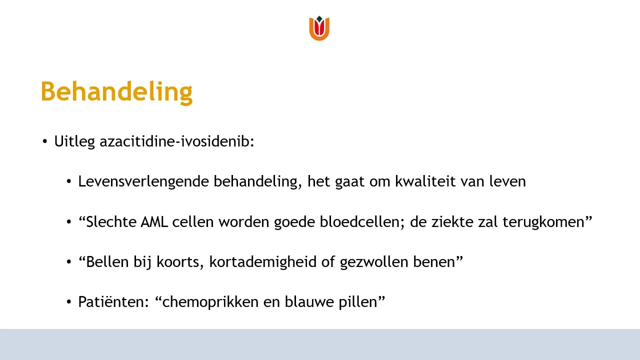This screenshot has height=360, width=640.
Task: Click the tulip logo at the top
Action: [x=319, y=28]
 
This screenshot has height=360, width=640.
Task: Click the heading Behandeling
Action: [x=116, y=92]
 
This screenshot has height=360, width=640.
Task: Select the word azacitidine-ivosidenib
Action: [x=176, y=141]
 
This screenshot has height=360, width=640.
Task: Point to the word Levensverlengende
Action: [x=143, y=181]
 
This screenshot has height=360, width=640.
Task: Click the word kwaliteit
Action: [x=425, y=181]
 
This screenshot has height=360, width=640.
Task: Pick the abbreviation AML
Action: [x=154, y=222]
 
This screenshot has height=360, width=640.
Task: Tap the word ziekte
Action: [x=452, y=222]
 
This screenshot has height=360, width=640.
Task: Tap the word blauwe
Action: [x=309, y=302]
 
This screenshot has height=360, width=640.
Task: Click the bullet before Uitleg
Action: [x=45, y=141]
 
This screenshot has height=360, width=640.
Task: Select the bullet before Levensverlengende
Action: [x=69, y=181]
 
